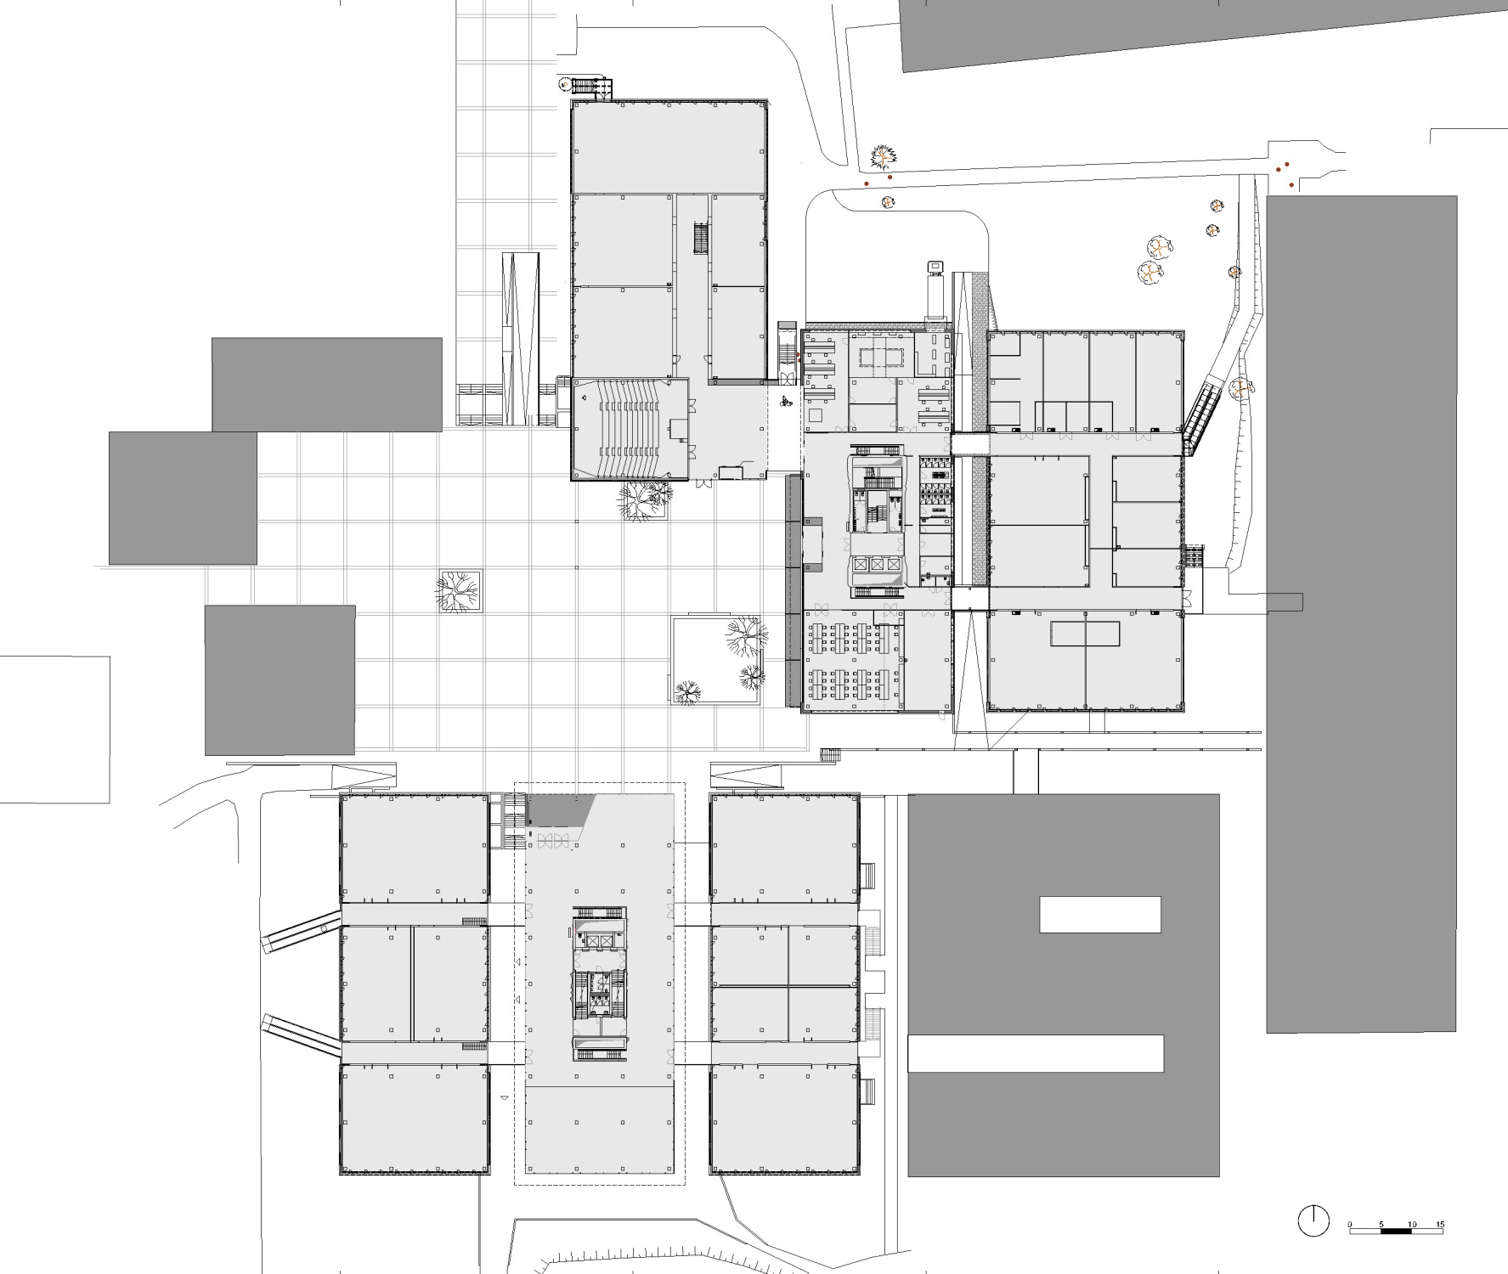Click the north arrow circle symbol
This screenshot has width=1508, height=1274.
coord(1313,1220)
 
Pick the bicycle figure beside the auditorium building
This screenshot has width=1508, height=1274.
coord(786,402)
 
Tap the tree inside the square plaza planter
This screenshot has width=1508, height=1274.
coord(459,590)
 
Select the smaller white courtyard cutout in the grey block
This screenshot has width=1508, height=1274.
coord(1100,915)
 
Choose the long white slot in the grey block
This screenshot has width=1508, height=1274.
coord(1036,1053)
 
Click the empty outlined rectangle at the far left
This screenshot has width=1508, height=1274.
coord(54,730)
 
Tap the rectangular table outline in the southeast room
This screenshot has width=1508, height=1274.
coord(1085,634)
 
